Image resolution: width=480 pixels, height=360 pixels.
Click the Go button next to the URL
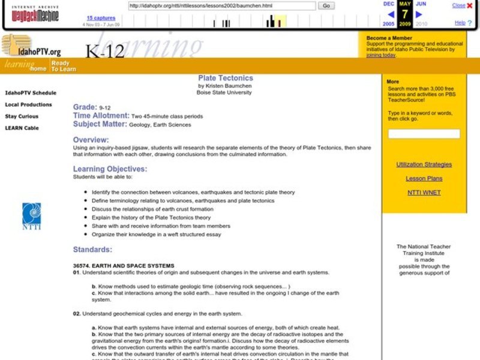(x=326, y=5)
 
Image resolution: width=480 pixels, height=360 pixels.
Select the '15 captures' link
(x=101, y=18)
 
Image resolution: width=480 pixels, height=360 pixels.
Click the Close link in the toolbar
(x=459, y=5)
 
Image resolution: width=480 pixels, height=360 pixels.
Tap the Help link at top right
(x=460, y=22)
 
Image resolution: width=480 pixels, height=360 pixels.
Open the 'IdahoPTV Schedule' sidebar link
(x=31, y=93)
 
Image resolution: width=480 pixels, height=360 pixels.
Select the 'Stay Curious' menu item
(x=22, y=116)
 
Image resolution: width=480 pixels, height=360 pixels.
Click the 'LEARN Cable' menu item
(x=22, y=128)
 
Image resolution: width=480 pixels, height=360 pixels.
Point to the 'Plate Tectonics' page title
(x=226, y=78)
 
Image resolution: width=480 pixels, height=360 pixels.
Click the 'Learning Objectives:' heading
(x=110, y=169)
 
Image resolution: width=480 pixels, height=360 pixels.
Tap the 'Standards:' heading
(x=92, y=250)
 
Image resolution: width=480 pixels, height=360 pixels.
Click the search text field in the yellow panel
(x=424, y=134)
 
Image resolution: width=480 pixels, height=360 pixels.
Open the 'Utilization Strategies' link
(x=424, y=164)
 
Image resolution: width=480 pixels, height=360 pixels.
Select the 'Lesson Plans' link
(x=424, y=178)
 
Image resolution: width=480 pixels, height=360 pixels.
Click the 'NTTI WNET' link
(x=424, y=193)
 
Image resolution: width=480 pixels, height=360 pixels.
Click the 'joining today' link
(x=381, y=55)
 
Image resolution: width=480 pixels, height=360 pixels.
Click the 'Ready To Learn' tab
(x=63, y=66)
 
